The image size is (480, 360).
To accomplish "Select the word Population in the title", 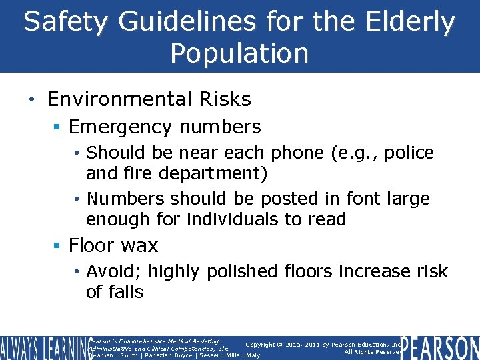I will coord(239,53).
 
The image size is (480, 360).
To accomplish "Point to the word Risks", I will coord(224,99).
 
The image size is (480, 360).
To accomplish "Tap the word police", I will coord(403,153).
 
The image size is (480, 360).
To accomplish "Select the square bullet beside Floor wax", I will coord(58,246).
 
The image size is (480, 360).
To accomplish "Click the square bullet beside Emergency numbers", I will coord(58,127).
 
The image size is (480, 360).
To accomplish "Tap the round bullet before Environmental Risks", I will coord(32,100).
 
